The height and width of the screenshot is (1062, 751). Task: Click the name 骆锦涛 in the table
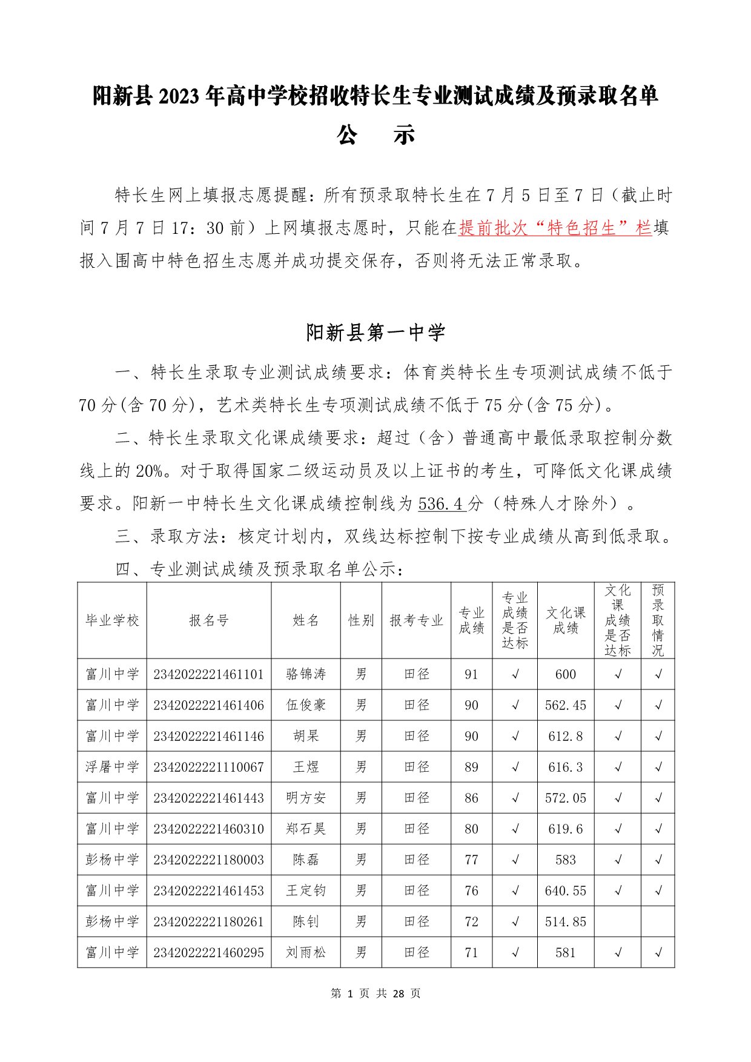306,674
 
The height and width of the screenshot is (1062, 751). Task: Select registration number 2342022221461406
208,705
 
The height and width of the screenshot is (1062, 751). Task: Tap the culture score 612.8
565,736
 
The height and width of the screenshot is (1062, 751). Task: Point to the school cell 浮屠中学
112,767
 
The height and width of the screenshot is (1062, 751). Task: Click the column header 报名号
208,620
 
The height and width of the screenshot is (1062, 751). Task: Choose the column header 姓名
306,620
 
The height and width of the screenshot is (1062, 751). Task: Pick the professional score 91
471,674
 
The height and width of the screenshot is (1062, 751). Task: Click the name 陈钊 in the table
306,921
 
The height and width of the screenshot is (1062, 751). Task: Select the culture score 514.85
565,921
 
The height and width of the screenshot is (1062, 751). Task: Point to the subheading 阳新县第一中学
375,333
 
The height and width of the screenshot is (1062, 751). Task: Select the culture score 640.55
565,891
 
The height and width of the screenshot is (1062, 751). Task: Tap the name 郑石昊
306,829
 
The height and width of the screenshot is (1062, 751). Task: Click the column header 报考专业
416,620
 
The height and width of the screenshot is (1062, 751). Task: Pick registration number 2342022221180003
208,860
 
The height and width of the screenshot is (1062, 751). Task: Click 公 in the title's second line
346,134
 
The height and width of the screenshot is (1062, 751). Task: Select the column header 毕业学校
112,620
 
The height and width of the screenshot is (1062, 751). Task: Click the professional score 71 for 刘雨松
471,952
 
